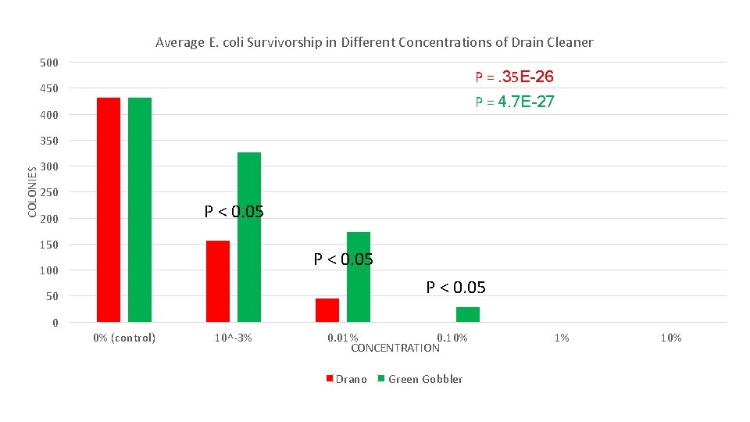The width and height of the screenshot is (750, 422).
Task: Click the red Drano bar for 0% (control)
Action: [109, 209]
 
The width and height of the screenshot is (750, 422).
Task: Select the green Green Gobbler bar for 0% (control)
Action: [140, 209]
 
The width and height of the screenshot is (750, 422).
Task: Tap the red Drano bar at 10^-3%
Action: [218, 281]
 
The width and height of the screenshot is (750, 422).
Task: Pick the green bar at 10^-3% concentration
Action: [249, 237]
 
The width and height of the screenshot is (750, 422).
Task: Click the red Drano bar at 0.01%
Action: [327, 310]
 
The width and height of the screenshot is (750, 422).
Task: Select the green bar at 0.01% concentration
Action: [359, 277]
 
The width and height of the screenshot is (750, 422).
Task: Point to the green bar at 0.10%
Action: [468, 314]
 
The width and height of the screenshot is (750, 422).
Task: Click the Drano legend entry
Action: [346, 379]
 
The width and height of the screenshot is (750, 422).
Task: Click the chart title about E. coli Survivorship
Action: [374, 42]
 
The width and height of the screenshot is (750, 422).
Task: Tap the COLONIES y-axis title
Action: [32, 192]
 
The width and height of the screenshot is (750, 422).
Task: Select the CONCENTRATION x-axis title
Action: [395, 348]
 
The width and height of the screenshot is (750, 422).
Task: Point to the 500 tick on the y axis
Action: [49, 63]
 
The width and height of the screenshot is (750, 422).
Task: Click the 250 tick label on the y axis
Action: [49, 192]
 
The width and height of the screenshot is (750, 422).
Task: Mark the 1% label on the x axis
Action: [562, 338]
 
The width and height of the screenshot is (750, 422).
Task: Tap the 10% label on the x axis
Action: [671, 338]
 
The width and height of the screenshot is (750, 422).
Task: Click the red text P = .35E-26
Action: [515, 77]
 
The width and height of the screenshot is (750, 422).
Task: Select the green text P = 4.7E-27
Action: [515, 102]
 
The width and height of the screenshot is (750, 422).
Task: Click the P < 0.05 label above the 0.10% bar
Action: [455, 288]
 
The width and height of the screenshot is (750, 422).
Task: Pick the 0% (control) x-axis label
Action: [124, 338]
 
